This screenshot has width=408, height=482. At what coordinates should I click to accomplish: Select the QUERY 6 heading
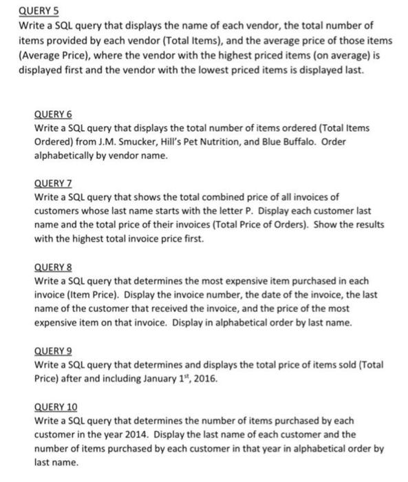point(52,114)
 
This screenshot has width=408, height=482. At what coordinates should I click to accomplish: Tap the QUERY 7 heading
point(52,184)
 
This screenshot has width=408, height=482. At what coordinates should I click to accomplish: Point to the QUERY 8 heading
point(52,266)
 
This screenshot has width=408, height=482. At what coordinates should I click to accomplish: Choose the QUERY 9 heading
point(52,349)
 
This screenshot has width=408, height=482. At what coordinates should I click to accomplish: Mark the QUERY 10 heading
point(54,406)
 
